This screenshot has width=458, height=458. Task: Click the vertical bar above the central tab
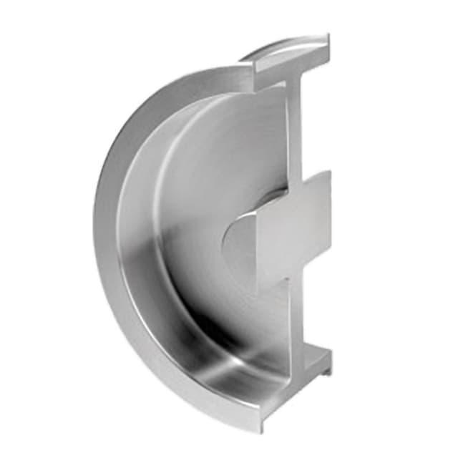point(295,129)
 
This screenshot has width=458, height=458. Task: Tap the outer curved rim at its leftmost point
point(96,215)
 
